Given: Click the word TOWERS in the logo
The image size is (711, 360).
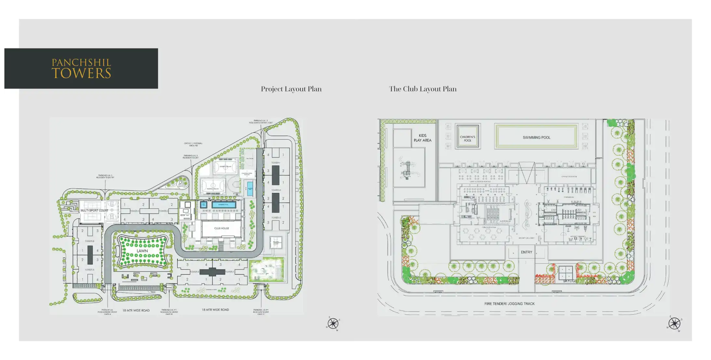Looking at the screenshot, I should [x=81, y=73].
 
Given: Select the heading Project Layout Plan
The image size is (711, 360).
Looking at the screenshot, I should [x=291, y=89].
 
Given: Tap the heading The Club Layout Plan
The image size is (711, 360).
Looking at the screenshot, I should [x=423, y=89].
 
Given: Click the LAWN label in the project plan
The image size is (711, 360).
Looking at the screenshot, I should [x=142, y=251].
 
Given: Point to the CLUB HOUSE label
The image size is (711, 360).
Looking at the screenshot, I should [x=221, y=228].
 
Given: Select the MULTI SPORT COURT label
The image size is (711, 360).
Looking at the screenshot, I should [x=94, y=210].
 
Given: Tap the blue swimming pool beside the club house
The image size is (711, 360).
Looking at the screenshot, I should [x=224, y=205].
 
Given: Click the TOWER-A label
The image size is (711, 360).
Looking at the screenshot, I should [x=89, y=270].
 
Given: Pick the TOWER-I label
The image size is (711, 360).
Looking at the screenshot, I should [x=276, y=163].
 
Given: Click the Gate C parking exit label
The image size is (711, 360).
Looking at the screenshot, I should [x=261, y=312].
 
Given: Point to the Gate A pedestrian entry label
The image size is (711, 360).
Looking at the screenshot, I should [x=107, y=312].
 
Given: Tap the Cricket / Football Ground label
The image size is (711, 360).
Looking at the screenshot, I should [x=193, y=144].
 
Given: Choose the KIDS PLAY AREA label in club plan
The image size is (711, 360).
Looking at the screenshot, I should [x=422, y=138].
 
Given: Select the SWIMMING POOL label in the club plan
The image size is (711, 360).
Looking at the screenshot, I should [x=536, y=138].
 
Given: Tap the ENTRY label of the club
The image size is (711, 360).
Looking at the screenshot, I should [x=526, y=252].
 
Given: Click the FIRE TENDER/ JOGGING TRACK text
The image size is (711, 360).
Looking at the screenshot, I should [x=509, y=304].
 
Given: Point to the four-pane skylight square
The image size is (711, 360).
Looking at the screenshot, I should [x=566, y=273].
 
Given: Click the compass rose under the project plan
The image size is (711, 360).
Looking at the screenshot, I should [x=333, y=324].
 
